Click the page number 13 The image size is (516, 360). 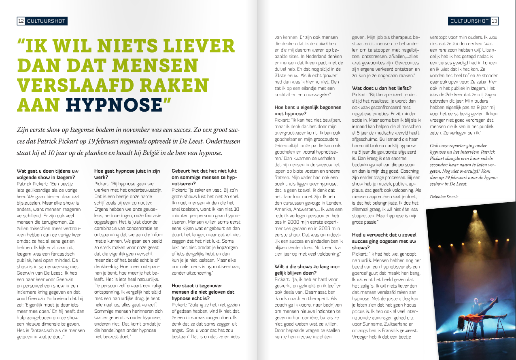click(x=495, y=21)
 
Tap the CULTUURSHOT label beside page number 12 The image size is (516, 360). click(x=45, y=21)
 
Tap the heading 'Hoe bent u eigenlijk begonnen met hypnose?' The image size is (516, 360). click(x=308, y=110)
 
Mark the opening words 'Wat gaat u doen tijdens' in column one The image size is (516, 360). click(x=45, y=171)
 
